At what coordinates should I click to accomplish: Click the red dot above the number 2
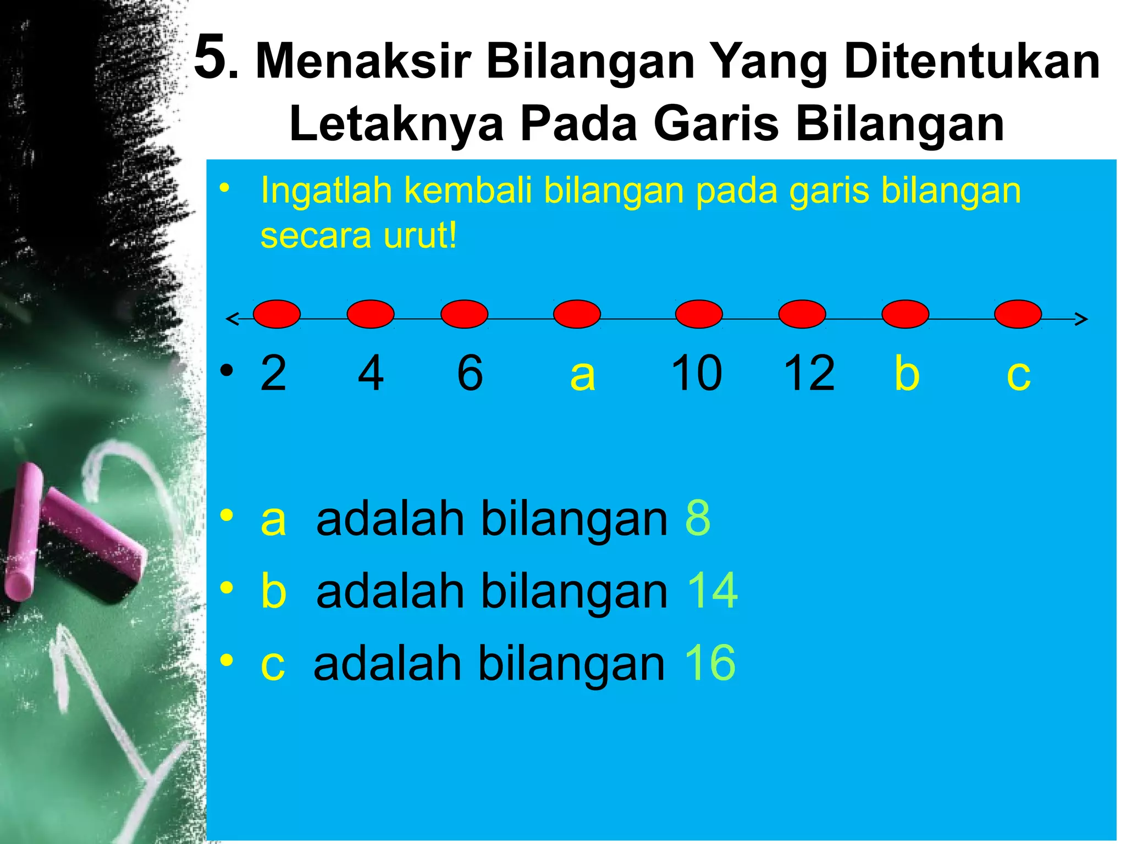coord(277,314)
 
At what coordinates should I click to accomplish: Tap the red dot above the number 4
coord(371,314)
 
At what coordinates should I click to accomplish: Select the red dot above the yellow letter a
coord(577,314)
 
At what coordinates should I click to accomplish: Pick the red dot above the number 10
coord(699,314)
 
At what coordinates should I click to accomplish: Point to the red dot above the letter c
coord(1018,314)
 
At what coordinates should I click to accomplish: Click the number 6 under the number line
coord(470,373)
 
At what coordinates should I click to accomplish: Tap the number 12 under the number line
coord(809,373)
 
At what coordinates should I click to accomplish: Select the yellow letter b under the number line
coord(907,373)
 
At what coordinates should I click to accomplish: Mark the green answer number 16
coord(710,663)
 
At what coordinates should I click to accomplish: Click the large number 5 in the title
coord(211,57)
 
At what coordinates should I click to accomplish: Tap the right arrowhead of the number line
coord(1081,319)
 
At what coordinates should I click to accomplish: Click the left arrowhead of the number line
coord(233,319)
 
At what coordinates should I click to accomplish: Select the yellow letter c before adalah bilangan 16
coord(273,664)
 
